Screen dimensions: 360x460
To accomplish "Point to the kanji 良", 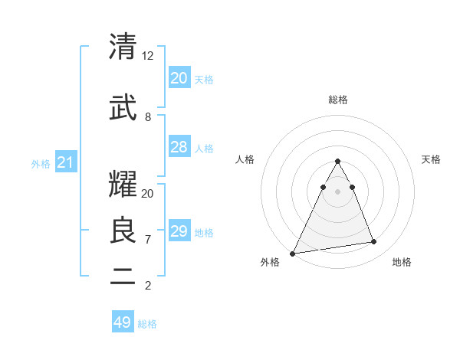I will pos(123,231).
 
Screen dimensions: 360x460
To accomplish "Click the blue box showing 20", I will pos(179,78).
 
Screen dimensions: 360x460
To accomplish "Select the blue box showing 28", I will pos(179,147).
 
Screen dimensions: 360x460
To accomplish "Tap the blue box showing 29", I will pos(179,231).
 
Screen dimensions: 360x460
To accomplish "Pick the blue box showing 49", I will pos(123,322).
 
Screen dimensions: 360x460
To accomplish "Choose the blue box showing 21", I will pos(65,162).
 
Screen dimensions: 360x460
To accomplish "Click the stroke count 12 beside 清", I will pos(148,56).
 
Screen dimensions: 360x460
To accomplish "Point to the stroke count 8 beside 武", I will pos(148,117).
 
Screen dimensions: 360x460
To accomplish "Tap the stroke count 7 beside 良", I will pos(148,240).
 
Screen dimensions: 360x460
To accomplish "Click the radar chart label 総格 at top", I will pos(337,100).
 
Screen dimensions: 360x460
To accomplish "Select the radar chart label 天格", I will pos(431,159).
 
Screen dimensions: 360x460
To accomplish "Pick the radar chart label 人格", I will pos(245,159).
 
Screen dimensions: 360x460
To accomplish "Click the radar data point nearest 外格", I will pos(293,253).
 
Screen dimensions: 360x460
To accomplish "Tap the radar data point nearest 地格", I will pos(374,242).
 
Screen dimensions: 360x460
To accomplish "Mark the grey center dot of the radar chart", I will pos(337,191).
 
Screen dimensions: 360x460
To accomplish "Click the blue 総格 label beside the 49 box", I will pos(147,324).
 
